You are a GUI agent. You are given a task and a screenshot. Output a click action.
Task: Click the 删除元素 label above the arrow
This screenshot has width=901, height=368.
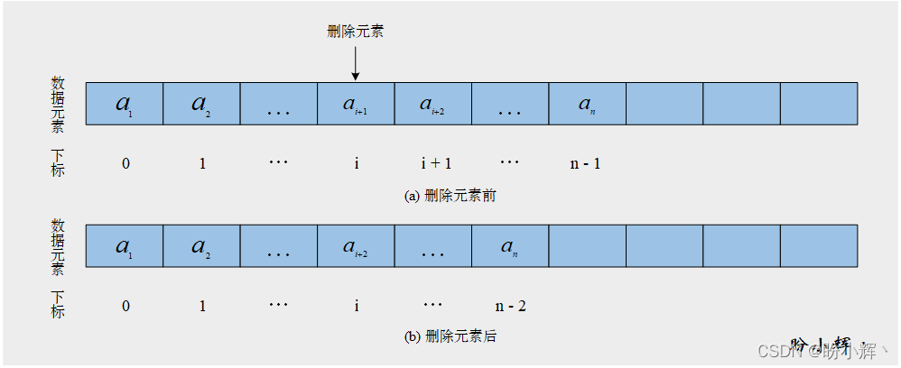tap(355, 32)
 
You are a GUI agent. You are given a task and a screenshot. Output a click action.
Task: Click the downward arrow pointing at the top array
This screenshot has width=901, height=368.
tap(355, 64)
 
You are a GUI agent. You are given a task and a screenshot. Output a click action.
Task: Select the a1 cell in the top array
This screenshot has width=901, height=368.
tap(125, 103)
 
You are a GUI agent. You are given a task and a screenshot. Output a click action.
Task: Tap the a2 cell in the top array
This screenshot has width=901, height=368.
tap(201, 103)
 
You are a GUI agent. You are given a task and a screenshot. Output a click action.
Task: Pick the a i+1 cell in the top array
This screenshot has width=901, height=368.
tap(356, 103)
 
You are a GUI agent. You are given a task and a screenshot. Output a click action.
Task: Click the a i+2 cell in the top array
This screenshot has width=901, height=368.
tap(432, 103)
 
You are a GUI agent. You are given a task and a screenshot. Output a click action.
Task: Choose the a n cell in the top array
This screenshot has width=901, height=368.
tap(587, 103)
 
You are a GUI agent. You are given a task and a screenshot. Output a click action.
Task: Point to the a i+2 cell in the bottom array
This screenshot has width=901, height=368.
tap(356, 246)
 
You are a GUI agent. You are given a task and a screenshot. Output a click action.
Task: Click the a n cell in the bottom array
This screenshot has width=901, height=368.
tap(510, 246)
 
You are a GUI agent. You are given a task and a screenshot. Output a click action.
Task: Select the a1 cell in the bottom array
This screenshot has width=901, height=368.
tap(125, 246)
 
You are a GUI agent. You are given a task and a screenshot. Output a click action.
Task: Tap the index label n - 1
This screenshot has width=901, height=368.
tap(587, 163)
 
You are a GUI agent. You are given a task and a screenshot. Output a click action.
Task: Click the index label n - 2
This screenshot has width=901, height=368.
tap(510, 307)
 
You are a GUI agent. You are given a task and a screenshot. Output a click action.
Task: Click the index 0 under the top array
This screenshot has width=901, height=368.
tap(125, 163)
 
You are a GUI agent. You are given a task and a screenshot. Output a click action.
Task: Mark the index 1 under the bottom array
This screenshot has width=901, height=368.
tap(202, 307)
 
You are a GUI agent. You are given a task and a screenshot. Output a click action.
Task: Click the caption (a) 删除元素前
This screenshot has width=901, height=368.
tap(450, 196)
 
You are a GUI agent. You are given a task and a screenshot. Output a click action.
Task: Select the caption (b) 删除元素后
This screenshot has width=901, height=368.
tap(450, 337)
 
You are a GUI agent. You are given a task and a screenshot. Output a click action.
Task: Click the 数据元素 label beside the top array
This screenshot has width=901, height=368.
tap(58, 104)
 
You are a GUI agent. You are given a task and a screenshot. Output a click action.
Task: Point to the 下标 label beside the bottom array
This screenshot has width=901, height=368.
tap(58, 305)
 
